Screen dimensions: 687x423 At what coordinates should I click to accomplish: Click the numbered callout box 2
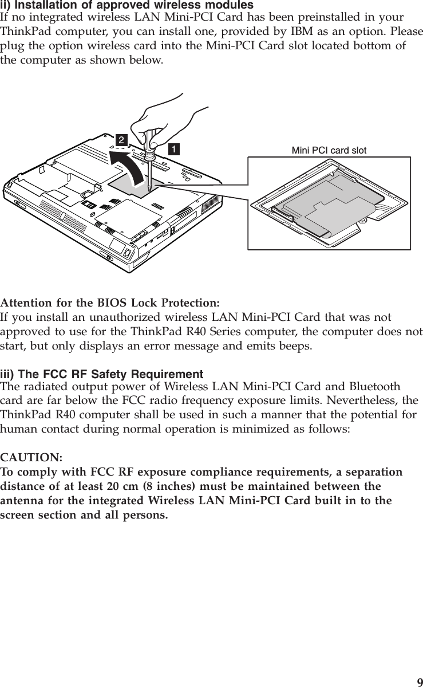121,140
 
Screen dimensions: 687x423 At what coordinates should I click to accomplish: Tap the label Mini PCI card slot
329,151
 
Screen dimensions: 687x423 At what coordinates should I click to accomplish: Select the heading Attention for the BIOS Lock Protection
110,303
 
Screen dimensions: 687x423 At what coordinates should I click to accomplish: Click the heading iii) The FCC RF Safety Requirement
102,375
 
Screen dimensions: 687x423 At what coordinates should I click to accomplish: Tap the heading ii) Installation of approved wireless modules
127,6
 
